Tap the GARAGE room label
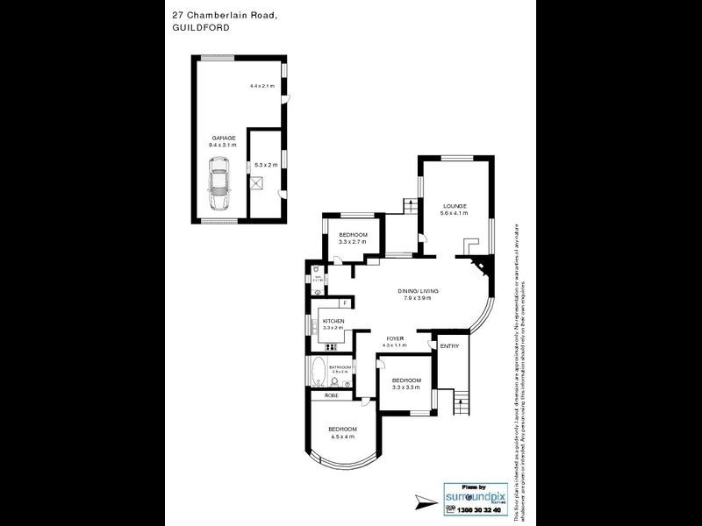pyautogui.click(x=223, y=139)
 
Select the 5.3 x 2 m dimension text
pyautogui.click(x=265, y=165)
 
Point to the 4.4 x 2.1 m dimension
pyautogui.click(x=262, y=86)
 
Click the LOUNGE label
pyautogui.click(x=455, y=206)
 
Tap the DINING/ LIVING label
pyautogui.click(x=418, y=291)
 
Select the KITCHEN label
pyautogui.click(x=333, y=322)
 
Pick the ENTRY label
pyautogui.click(x=449, y=346)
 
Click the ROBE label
pyautogui.click(x=332, y=396)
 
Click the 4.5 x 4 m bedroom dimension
pyautogui.click(x=341, y=437)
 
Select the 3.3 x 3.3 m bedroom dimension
pyautogui.click(x=406, y=387)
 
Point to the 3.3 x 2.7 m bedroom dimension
pyautogui.click(x=353, y=242)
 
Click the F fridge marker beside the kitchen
pyautogui.click(x=346, y=303)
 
